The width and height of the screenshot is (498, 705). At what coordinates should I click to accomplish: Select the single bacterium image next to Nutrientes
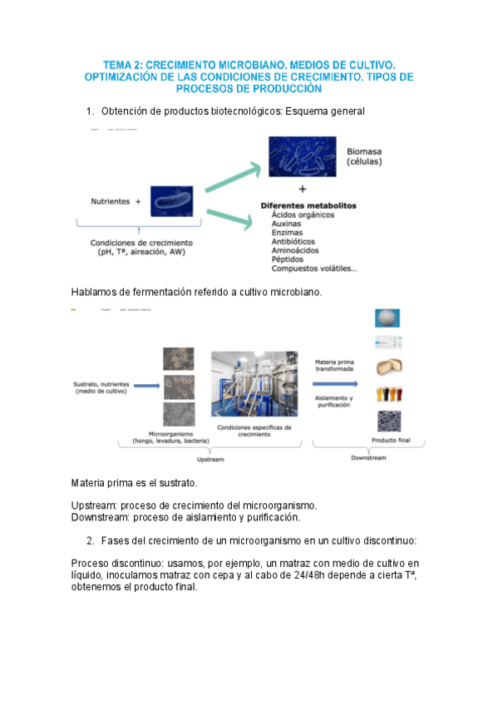pyautogui.click(x=171, y=201)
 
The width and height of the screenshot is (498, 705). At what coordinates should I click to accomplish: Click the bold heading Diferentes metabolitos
pyautogui.click(x=308, y=205)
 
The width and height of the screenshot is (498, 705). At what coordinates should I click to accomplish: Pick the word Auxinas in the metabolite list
pyautogui.click(x=288, y=224)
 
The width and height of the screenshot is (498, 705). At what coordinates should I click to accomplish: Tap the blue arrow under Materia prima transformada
pyautogui.click(x=336, y=384)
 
